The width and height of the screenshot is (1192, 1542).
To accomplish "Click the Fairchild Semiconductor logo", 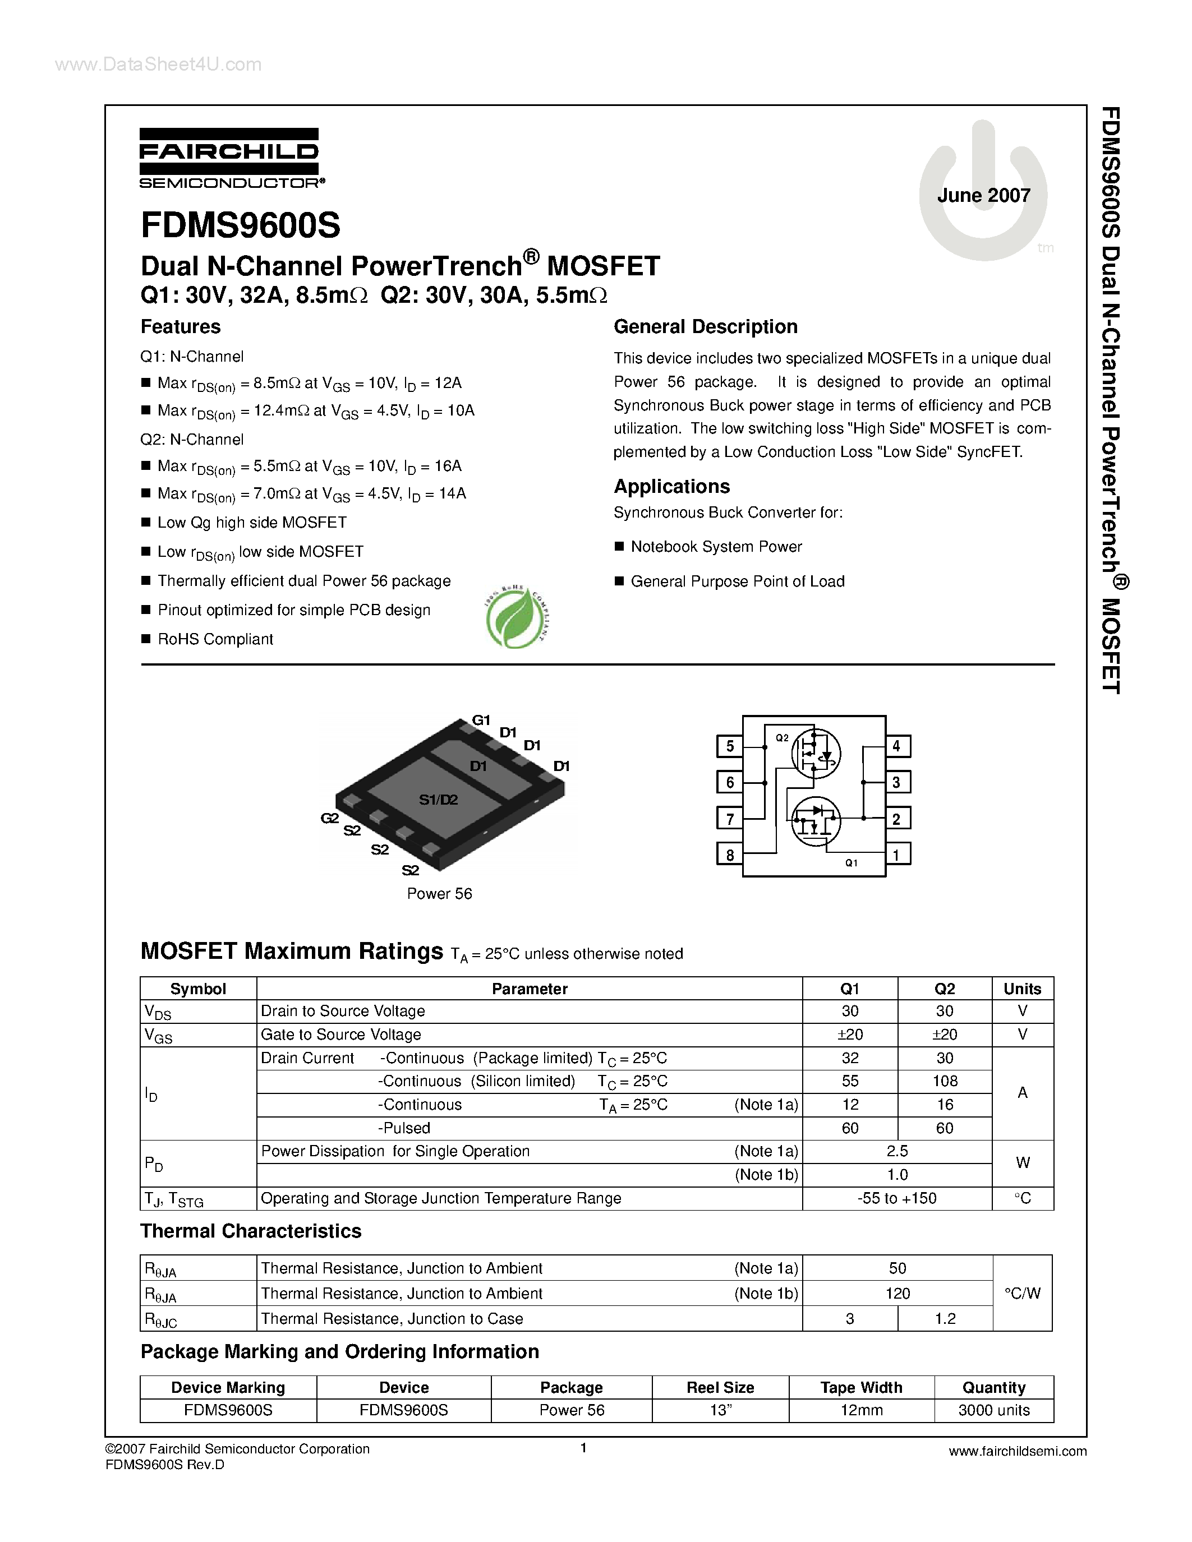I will click(x=229, y=158).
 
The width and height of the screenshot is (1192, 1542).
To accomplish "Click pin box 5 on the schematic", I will click(x=729, y=746).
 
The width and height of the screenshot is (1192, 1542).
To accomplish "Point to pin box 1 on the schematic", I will click(x=896, y=855).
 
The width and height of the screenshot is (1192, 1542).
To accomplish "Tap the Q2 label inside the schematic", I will click(x=782, y=738).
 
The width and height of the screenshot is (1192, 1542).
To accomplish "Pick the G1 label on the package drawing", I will click(x=481, y=720).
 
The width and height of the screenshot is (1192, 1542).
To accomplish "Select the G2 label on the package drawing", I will click(x=330, y=818).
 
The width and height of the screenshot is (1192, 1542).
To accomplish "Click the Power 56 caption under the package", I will click(x=439, y=894).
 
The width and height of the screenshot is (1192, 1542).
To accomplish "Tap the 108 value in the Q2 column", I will click(x=945, y=1081).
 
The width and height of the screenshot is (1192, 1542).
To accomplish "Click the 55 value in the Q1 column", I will click(x=850, y=1081).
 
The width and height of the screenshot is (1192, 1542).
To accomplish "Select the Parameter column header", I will click(x=530, y=989).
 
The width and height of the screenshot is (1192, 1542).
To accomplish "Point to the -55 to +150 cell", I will click(x=897, y=1198).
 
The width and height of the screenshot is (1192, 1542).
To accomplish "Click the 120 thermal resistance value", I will click(x=897, y=1294).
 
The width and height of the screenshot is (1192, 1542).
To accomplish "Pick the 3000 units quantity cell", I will click(x=993, y=1410).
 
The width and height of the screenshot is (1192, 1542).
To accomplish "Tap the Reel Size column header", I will click(x=720, y=1387).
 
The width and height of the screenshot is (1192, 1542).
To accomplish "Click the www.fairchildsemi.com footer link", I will click(x=1018, y=1452).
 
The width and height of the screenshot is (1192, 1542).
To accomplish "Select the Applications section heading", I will click(x=671, y=487).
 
